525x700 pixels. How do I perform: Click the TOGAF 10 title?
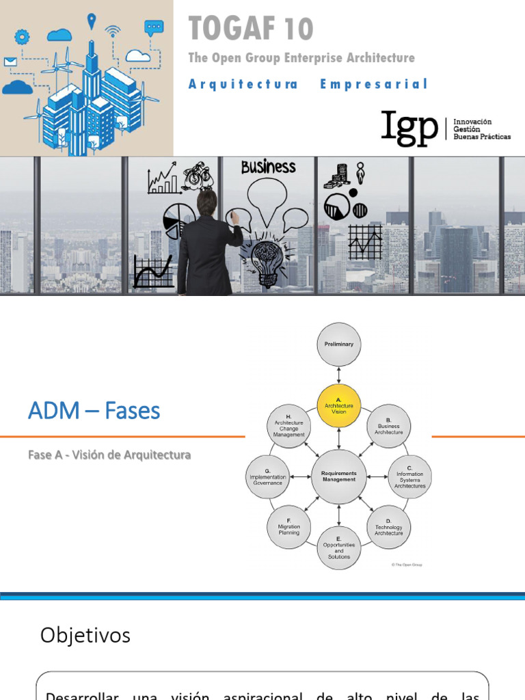click(x=251, y=29)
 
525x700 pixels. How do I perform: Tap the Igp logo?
click(x=410, y=128)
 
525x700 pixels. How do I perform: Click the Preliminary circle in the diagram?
click(x=339, y=345)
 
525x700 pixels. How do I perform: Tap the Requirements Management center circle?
click(x=339, y=476)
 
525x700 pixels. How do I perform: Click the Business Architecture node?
click(x=389, y=426)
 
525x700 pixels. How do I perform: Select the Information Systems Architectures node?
click(x=409, y=476)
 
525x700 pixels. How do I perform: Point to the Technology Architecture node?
click(x=389, y=527)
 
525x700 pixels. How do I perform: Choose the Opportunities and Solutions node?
click(x=339, y=547)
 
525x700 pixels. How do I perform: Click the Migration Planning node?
click(x=289, y=527)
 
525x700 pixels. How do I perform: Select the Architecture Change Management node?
click(x=289, y=425)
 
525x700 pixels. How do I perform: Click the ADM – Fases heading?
click(x=94, y=411)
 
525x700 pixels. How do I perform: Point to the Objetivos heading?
click(x=85, y=636)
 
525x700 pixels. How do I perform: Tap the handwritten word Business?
click(x=269, y=167)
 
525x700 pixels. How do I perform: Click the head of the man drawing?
click(x=206, y=202)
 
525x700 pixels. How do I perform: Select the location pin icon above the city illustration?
click(x=91, y=21)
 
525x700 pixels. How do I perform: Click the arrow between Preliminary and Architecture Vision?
click(x=339, y=376)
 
